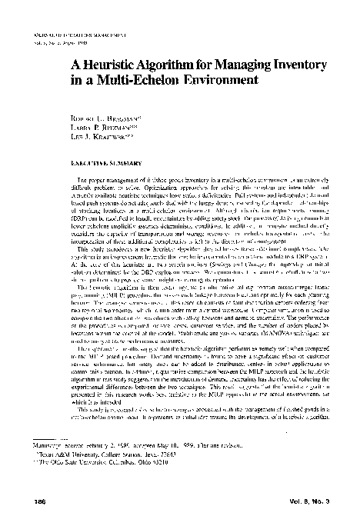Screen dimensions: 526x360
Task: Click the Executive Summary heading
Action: pyautogui.click(x=96, y=164)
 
